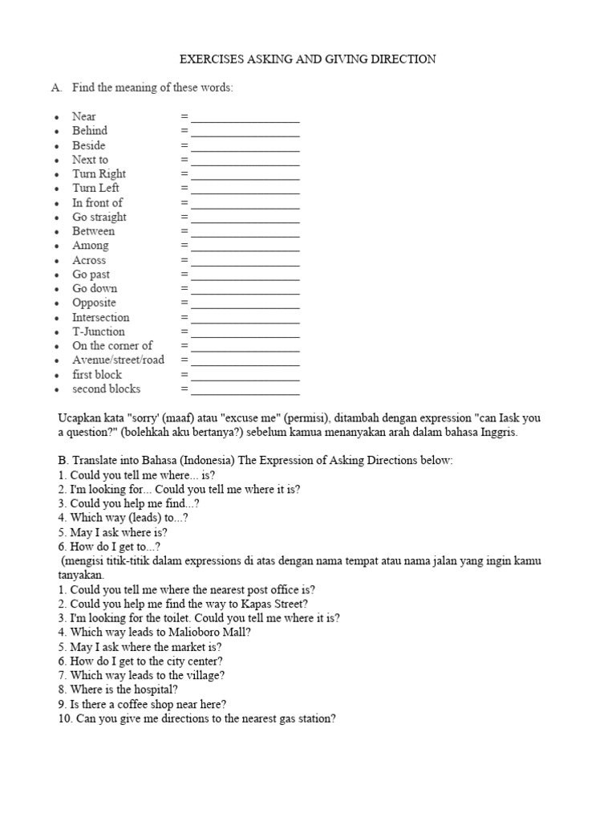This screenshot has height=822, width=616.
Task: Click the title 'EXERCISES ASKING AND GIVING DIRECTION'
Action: pos(307,59)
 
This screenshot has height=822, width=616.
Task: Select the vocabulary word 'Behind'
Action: pos(89,131)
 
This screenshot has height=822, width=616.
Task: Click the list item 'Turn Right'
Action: pos(99,174)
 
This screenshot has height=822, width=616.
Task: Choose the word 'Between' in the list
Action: pos(93,231)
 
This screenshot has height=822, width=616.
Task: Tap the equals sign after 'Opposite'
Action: pos(184,303)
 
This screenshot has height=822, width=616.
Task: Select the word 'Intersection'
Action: pos(100,318)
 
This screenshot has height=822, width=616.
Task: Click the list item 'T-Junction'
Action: pos(99,332)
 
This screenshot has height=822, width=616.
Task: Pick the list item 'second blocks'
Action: pos(106,389)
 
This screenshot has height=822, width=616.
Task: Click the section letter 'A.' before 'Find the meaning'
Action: pos(57,88)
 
